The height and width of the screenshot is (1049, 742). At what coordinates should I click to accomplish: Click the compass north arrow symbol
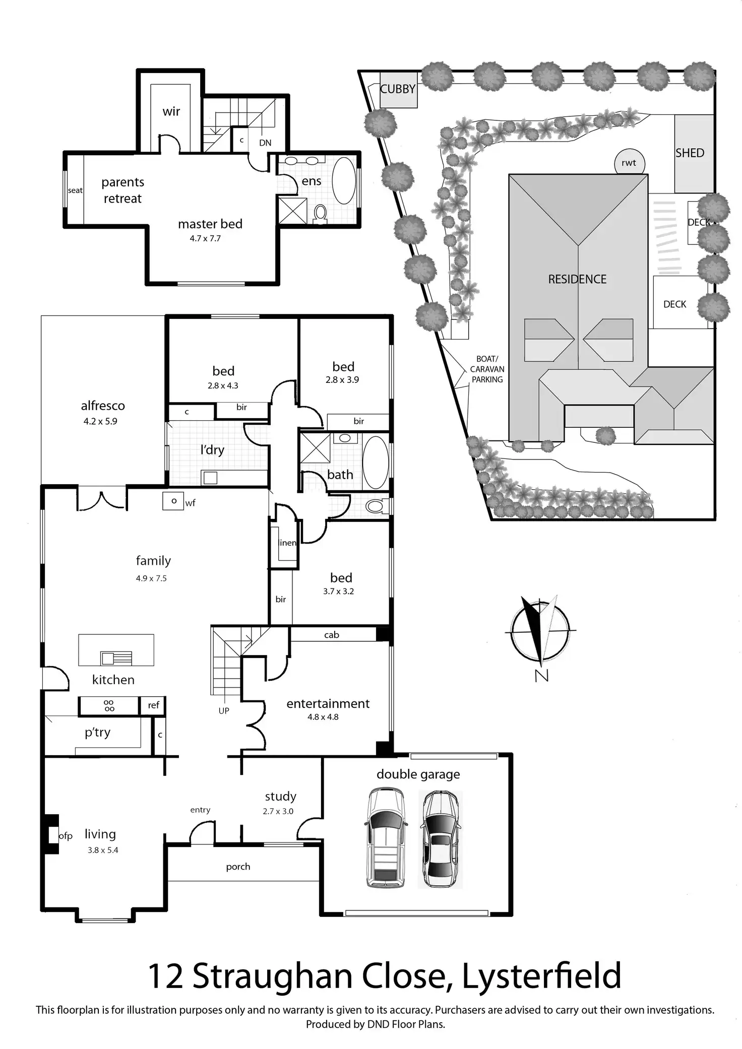[x=540, y=630]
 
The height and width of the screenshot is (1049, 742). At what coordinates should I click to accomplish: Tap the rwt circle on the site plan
[x=629, y=163]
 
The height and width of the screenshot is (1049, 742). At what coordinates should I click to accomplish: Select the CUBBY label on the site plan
[x=398, y=89]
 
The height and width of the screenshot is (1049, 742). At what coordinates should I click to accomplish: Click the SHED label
[x=690, y=153]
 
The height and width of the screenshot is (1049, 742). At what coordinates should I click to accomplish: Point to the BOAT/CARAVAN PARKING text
[x=487, y=369]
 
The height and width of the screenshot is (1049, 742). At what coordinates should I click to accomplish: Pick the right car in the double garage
[x=440, y=839]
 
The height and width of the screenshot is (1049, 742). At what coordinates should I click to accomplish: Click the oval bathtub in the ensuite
[x=344, y=180]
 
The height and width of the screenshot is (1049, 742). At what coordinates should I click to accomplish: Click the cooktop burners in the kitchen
[x=109, y=705]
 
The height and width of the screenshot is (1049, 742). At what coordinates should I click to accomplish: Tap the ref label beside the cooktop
[x=153, y=705]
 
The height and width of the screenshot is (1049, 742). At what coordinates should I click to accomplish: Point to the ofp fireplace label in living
[x=66, y=836]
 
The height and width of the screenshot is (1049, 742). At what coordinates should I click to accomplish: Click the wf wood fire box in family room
[x=173, y=501]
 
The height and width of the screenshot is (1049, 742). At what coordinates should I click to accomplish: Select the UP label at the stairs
[x=224, y=710]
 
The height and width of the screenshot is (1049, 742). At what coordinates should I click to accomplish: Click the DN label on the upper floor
[x=265, y=143]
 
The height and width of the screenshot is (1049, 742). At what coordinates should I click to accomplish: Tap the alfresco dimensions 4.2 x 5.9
[x=100, y=421]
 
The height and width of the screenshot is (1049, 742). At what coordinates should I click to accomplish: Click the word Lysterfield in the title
[x=541, y=975]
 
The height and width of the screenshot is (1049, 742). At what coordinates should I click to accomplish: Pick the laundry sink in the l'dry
[x=210, y=477]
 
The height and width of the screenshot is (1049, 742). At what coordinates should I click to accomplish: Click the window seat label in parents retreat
[x=75, y=190]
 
